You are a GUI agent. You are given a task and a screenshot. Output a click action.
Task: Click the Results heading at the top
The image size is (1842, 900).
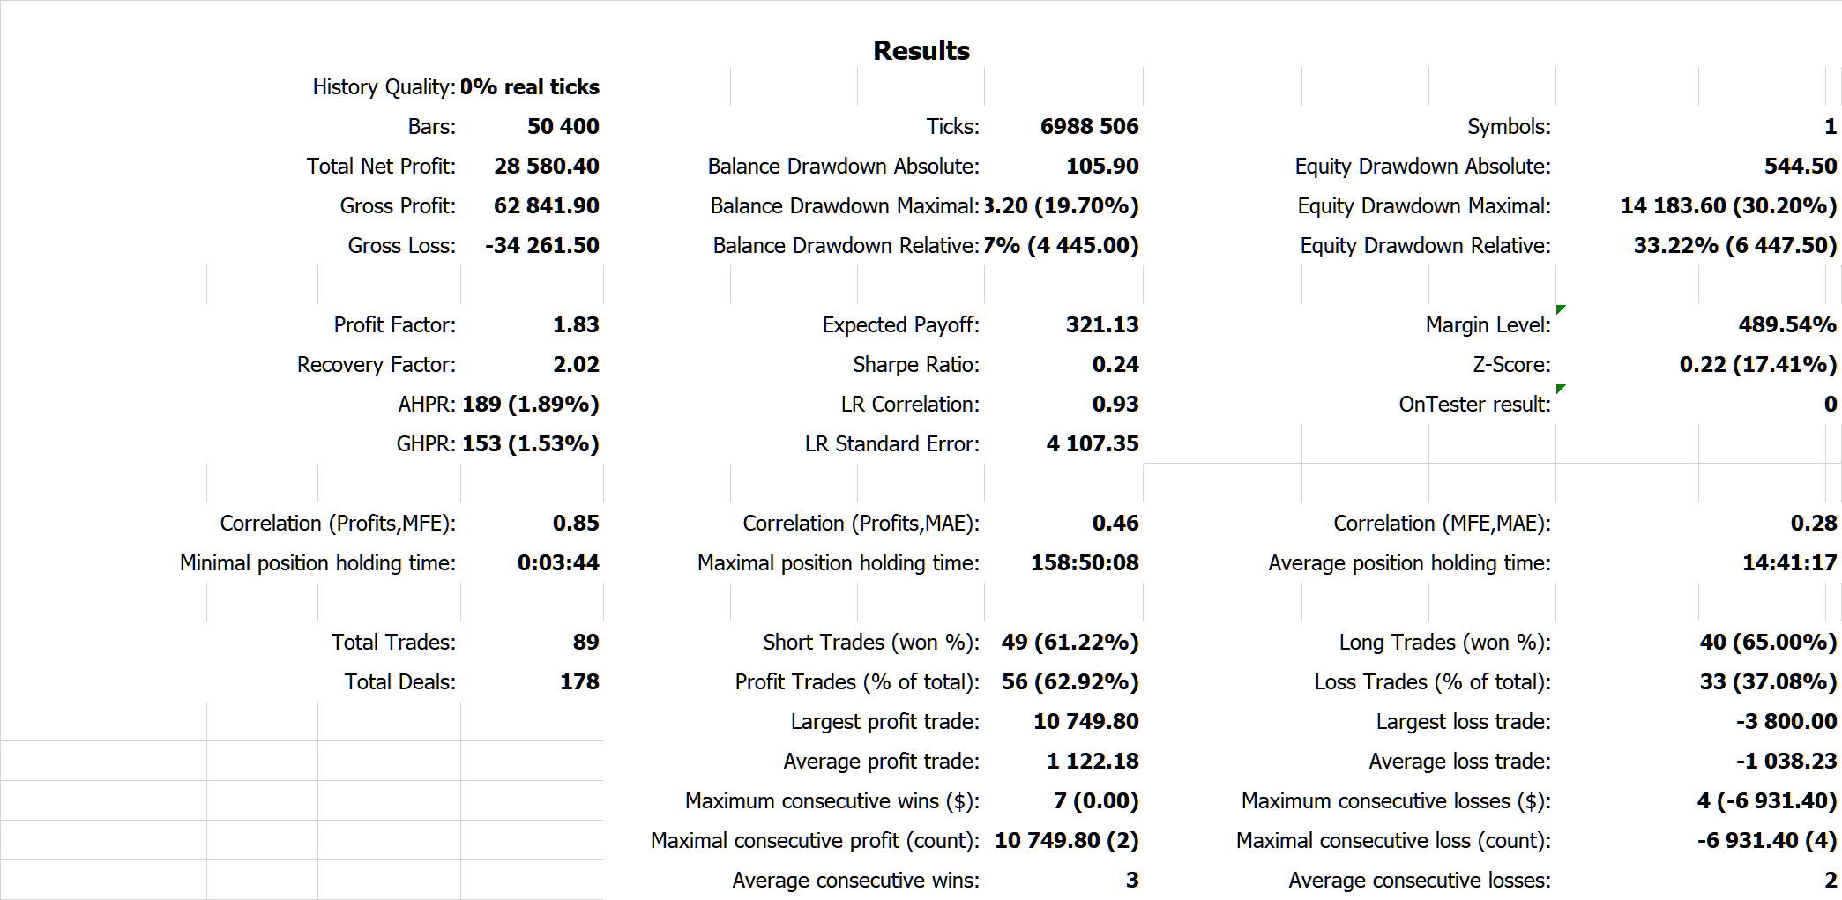[x=921, y=51]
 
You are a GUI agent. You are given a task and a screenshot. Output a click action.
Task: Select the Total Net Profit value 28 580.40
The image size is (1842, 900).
[x=546, y=167]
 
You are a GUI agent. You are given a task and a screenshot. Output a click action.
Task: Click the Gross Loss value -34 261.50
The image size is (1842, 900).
[x=541, y=246]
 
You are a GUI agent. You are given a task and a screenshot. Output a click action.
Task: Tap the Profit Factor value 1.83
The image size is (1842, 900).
[x=575, y=325]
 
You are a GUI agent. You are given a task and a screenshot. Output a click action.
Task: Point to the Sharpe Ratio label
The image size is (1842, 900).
[x=915, y=365]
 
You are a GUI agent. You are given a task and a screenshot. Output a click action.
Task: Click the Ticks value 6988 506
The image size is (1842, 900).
[x=1089, y=127]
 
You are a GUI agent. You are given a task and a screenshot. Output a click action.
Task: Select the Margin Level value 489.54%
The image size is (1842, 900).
[x=1786, y=325]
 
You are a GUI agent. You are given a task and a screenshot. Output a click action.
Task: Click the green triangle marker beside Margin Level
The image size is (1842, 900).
[x=1561, y=309]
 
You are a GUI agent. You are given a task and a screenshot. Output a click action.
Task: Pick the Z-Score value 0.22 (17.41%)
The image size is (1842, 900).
[x=1757, y=365]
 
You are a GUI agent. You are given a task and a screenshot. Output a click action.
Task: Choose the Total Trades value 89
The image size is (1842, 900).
[x=585, y=643]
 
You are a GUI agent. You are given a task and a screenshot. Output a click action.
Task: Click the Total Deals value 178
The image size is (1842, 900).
[x=579, y=682]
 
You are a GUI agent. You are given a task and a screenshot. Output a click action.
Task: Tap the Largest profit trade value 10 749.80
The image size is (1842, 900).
[x=1085, y=722]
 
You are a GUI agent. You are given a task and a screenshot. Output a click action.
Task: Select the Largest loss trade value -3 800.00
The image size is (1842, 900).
[x=1786, y=722]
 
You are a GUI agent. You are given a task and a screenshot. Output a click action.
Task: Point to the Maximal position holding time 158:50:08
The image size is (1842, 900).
[x=1085, y=563]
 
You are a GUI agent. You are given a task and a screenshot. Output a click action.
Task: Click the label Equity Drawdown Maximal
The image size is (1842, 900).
[x=1423, y=206]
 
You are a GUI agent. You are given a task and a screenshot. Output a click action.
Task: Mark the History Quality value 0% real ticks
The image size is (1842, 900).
[x=529, y=87]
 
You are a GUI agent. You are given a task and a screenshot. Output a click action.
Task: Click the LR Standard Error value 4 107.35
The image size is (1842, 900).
[x=1092, y=444]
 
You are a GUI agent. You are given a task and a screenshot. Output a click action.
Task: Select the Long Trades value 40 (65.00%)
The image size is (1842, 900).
[x=1768, y=643]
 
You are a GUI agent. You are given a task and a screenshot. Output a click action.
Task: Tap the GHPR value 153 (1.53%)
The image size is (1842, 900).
[x=530, y=444]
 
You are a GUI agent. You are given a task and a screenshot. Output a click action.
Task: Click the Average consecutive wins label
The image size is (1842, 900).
[x=855, y=881]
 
